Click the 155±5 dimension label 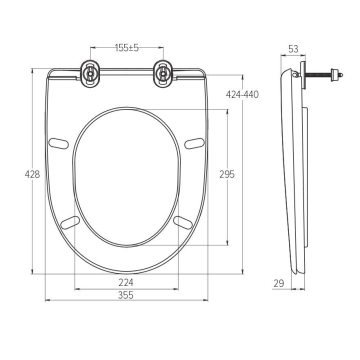tap(127, 48)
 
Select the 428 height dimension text tap(32, 174)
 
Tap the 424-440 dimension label tap(242, 95)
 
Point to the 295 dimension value tap(227, 174)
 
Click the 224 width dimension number tap(126, 283)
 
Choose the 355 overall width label tap(126, 295)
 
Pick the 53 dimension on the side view tap(293, 49)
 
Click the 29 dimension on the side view tap(279, 283)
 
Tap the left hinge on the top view tap(90, 74)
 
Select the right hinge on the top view tap(163, 74)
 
